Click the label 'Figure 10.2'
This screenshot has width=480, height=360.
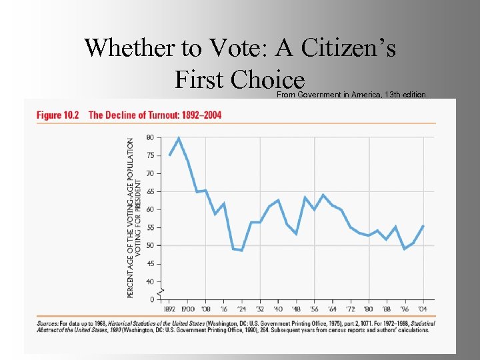click(57, 115)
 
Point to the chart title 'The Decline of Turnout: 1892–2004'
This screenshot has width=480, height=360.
click(155, 115)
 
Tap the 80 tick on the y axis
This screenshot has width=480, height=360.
click(149, 137)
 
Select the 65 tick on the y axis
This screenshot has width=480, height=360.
click(149, 191)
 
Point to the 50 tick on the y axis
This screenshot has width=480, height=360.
click(149, 245)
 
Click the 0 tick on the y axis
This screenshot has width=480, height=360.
click(151, 299)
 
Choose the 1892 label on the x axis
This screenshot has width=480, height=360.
click(170, 309)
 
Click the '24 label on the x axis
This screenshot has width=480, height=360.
click(241, 309)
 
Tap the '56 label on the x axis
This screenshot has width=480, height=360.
click(314, 309)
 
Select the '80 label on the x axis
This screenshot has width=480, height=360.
click(369, 309)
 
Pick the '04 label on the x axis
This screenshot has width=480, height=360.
click(423, 309)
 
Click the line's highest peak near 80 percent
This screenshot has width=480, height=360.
click(179, 138)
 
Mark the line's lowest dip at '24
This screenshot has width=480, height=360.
click(241, 251)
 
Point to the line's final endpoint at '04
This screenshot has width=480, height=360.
click(423, 226)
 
